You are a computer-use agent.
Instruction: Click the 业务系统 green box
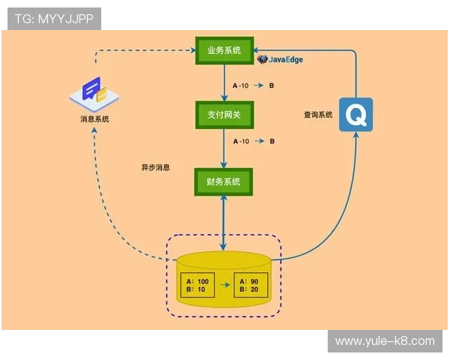coord(224,51)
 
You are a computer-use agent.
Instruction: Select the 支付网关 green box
coord(224,115)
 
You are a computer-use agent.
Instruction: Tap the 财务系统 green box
coord(224,181)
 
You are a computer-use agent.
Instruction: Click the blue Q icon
coord(355,114)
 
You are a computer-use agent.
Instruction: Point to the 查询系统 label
coord(318,115)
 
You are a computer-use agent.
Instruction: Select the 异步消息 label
coord(155,167)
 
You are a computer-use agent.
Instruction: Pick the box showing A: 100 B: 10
coord(198,286)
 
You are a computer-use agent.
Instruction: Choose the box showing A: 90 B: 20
coord(250,286)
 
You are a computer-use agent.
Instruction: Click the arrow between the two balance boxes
coord(224,286)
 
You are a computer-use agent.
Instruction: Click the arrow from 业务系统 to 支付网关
coord(224,83)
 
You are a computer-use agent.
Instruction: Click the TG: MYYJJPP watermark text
coord(54,19)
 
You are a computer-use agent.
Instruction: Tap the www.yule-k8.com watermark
coord(385,341)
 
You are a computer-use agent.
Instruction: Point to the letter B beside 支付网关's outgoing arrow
coord(271,140)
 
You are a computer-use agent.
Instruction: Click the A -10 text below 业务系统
coord(240,85)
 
